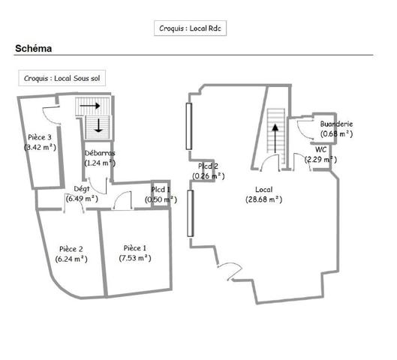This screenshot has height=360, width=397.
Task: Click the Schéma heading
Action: click(34, 48)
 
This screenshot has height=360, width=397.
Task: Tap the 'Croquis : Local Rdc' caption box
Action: click(190, 28)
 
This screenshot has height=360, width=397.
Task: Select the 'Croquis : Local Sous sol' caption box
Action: click(62, 78)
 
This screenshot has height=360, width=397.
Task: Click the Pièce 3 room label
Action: click(40, 137)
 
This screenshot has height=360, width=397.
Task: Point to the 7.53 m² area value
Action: click(135, 258)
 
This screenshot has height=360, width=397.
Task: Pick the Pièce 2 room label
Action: click(71, 249)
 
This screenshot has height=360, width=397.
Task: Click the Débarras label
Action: click(100, 153)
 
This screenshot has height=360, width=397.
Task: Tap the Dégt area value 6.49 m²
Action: click(82, 199)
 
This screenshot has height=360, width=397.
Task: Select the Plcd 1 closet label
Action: click(161, 190)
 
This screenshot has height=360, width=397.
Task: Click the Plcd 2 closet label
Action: click(208, 166)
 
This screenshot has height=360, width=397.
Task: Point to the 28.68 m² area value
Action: click(264, 199)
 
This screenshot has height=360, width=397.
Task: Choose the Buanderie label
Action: click(336, 124)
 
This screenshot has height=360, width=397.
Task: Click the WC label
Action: click(320, 149)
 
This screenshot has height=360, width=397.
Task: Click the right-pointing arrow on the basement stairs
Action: click(90, 105)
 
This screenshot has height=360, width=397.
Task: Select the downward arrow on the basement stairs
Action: click(98, 125)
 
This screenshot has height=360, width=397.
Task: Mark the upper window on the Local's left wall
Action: click(189, 126)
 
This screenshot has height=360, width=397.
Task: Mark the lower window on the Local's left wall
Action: click(191, 214)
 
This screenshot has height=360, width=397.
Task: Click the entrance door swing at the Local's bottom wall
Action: click(230, 271)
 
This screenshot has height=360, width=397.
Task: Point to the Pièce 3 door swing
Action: click(51, 115)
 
